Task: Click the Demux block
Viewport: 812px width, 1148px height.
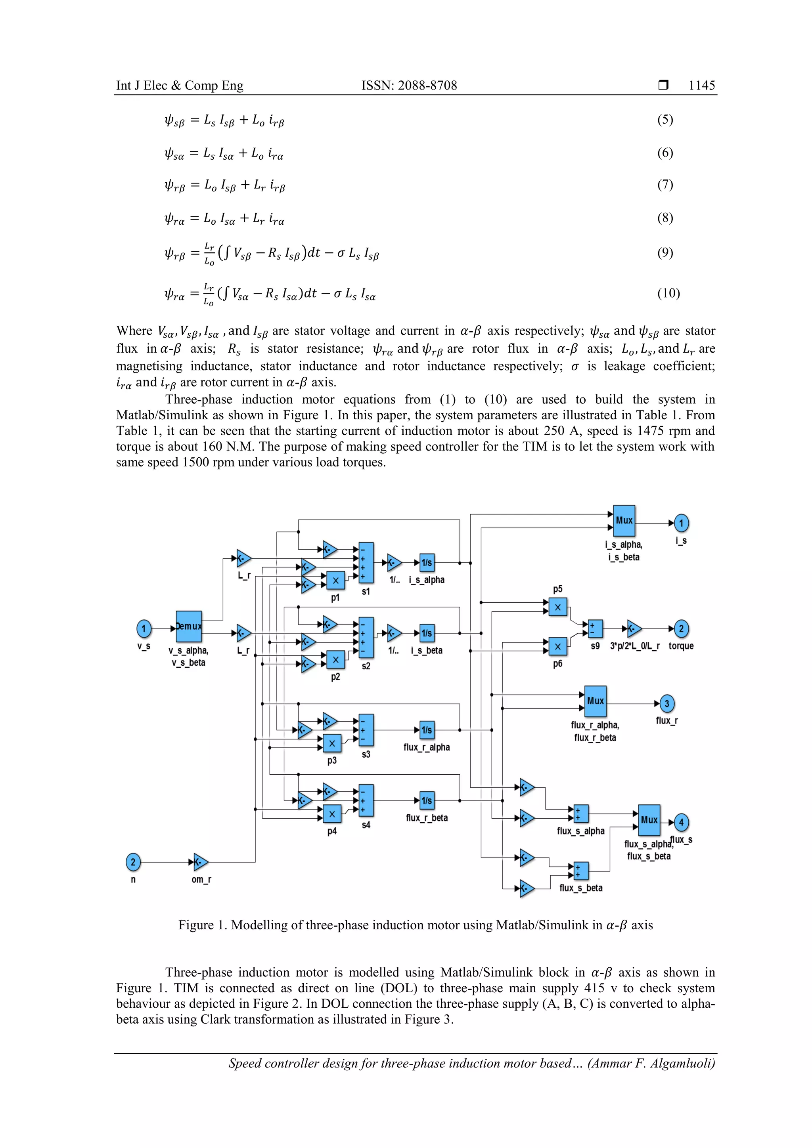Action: [189, 626]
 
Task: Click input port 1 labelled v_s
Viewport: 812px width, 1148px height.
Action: [144, 628]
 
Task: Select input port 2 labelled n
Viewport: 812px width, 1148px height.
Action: [133, 861]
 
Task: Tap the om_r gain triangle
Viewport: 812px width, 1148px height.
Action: [200, 861]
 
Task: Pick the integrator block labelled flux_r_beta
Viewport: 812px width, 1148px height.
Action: [426, 800]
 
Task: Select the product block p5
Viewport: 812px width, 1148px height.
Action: [558, 607]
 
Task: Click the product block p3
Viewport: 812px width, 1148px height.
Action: [332, 743]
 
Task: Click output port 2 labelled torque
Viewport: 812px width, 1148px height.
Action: [681, 628]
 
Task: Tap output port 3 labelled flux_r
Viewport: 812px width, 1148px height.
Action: [666, 703]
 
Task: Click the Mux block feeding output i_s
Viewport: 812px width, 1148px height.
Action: [624, 520]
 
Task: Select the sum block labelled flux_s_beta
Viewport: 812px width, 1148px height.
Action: [581, 871]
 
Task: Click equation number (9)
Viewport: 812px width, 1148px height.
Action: [665, 252]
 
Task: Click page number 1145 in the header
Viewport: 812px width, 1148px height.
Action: [701, 86]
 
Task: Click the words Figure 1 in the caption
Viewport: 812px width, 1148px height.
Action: [203, 925]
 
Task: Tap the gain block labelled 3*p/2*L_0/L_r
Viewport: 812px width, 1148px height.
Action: [634, 628]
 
